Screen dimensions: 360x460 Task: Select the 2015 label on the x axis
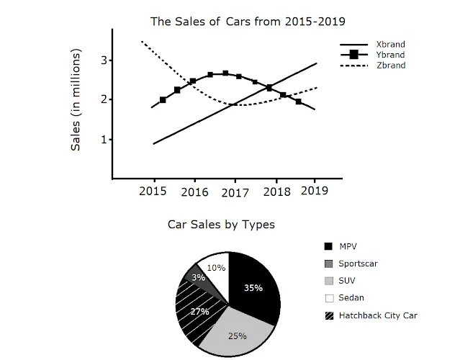(153, 191)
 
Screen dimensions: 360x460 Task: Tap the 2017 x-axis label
(235, 192)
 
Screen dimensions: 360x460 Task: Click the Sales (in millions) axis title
(76, 100)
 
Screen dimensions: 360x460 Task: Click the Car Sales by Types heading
(221, 225)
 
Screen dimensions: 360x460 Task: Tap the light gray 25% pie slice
(234, 333)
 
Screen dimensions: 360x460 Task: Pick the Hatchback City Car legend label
(378, 315)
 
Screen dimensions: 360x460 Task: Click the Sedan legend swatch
(329, 298)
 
